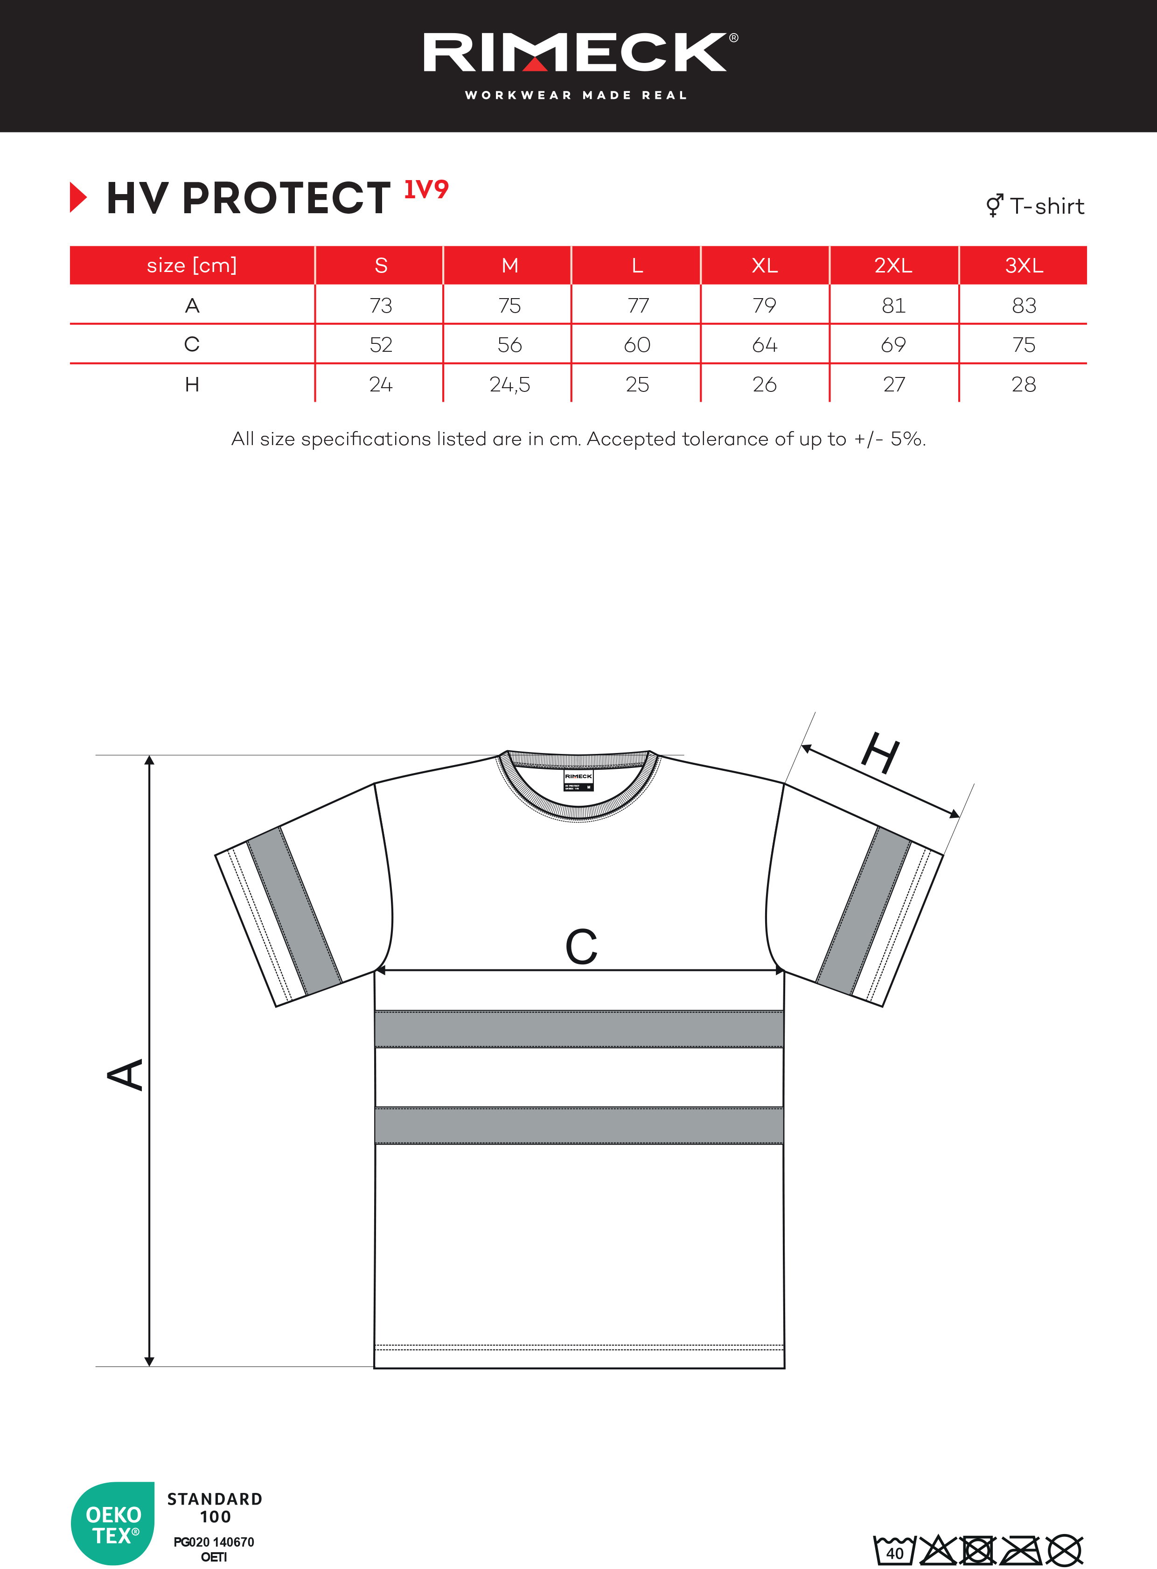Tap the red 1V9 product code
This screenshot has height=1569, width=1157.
tap(426, 189)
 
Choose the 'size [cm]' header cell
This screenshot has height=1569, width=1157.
tap(191, 265)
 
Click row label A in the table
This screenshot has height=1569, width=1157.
tap(192, 306)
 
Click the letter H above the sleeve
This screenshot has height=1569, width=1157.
tap(880, 753)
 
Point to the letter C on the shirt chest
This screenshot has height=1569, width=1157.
tap(581, 947)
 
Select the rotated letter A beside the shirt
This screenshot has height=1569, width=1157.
tap(125, 1074)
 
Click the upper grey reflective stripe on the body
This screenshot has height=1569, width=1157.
tap(578, 1028)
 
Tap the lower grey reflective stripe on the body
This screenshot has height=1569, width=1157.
tap(578, 1125)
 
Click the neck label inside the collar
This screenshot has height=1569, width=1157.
tap(578, 780)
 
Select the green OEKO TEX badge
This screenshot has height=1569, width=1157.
tap(113, 1523)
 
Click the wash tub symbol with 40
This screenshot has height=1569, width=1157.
tap(894, 1549)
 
